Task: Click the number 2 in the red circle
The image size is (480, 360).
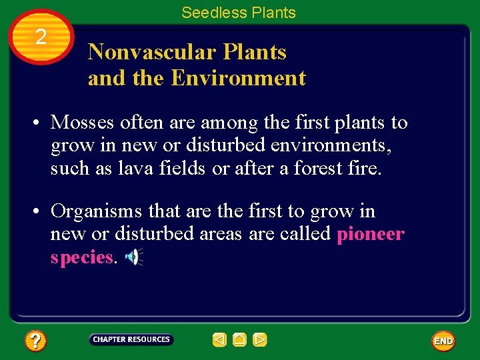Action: (x=41, y=37)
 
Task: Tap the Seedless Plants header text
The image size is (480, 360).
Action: (x=238, y=13)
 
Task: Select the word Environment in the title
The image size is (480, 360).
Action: (x=238, y=78)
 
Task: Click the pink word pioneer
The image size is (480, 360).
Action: (x=371, y=234)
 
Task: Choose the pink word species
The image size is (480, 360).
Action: (x=81, y=257)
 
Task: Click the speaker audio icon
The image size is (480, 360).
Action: (x=135, y=257)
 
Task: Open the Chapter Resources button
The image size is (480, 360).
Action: (x=131, y=340)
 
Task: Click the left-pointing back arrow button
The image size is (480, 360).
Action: (x=219, y=340)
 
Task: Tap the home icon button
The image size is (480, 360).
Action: (x=239, y=340)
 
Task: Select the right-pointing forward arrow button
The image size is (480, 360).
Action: (x=260, y=340)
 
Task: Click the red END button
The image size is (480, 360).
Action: (x=443, y=341)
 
